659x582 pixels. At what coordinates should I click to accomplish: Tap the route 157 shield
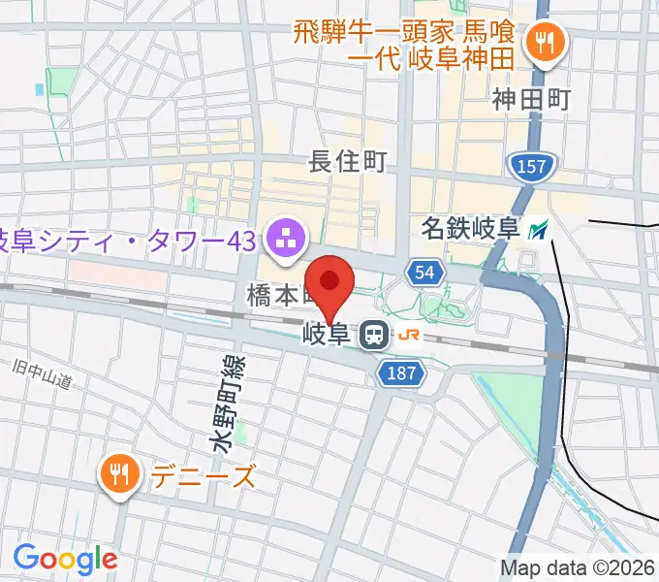pyautogui.click(x=531, y=168)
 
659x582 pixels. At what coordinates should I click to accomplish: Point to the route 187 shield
pyautogui.click(x=402, y=373)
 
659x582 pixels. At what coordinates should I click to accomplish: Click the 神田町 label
pyautogui.click(x=531, y=98)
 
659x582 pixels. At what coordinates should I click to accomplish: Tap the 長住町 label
pyautogui.click(x=347, y=162)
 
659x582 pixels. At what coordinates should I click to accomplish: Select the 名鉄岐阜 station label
pyautogui.click(x=471, y=230)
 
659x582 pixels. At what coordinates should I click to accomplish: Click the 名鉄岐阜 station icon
pyautogui.click(x=539, y=231)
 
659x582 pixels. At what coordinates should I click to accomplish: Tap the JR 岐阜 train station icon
pyautogui.click(x=372, y=337)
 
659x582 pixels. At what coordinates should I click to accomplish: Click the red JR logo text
pyautogui.click(x=410, y=337)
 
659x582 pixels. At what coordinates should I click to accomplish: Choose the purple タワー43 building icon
pyautogui.click(x=286, y=236)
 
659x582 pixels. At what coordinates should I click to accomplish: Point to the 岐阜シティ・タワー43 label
pyautogui.click(x=126, y=238)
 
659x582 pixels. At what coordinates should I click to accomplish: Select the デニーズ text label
pyautogui.click(x=203, y=476)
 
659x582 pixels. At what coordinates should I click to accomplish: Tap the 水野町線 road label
pyautogui.click(x=230, y=402)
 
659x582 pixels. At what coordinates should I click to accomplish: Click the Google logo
pyautogui.click(x=65, y=559)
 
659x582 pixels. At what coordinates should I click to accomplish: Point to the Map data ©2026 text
pyautogui.click(x=578, y=566)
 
